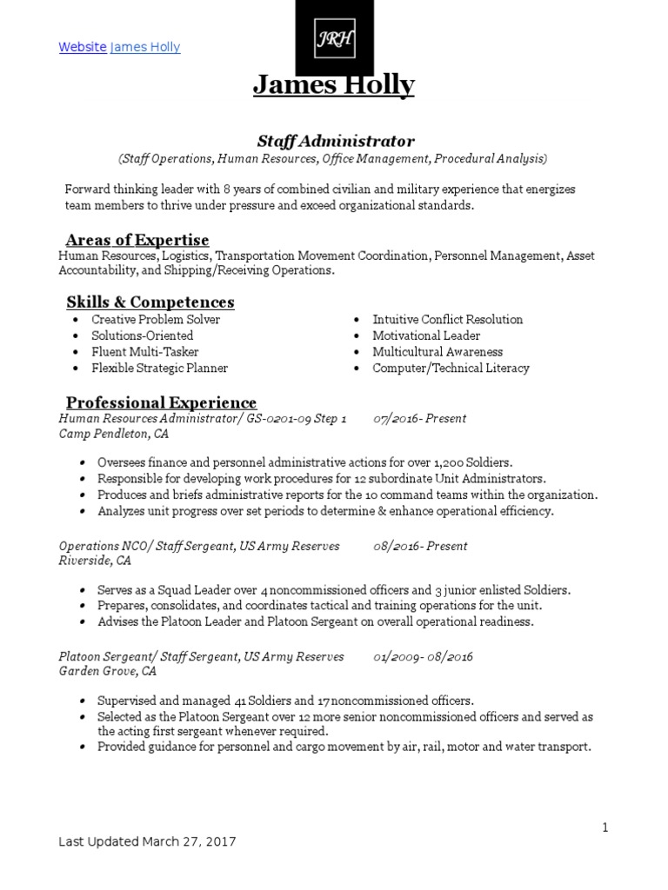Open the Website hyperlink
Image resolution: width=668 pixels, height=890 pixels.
83,47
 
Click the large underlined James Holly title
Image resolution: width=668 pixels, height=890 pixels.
334,85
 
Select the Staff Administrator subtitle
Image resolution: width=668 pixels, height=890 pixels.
334,140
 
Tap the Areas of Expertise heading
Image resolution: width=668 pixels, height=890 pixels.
137,240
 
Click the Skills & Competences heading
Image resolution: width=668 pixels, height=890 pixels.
150,302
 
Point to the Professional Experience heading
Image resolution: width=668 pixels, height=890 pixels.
162,402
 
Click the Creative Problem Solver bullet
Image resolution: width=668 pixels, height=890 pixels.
156,319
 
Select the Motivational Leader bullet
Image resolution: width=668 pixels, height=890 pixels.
426,335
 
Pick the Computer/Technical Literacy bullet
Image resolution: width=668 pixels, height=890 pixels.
451,368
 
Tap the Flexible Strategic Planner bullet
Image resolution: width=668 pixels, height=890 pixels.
159,368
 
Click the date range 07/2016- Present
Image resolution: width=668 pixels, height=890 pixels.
420,418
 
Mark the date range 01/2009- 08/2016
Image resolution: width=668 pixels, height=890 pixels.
423,656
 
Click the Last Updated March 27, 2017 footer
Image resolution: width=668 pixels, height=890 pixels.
147,841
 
